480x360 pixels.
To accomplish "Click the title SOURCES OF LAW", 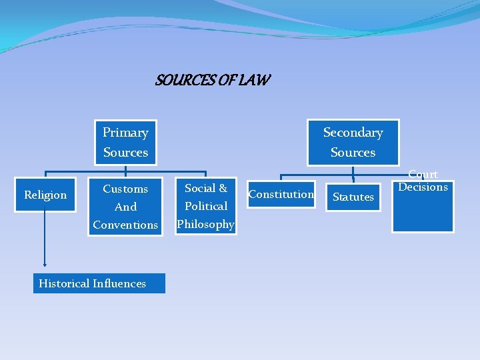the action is pyautogui.click(x=213, y=81).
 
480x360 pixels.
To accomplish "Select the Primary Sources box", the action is pyautogui.click(x=125, y=142).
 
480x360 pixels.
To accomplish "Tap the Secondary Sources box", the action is pyautogui.click(x=353, y=142).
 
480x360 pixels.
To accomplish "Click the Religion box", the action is pyautogui.click(x=45, y=195).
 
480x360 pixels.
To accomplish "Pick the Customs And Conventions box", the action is pyautogui.click(x=125, y=206).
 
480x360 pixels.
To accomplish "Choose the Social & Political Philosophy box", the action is pyautogui.click(x=206, y=205).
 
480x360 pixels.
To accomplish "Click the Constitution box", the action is pyautogui.click(x=281, y=194).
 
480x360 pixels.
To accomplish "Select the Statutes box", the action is pyautogui.click(x=353, y=197).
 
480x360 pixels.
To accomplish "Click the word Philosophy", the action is pyautogui.click(x=206, y=224).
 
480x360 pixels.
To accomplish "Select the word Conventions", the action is pyautogui.click(x=125, y=225).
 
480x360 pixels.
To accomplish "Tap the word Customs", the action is pyautogui.click(x=125, y=189).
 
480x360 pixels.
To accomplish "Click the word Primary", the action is pyautogui.click(x=125, y=132).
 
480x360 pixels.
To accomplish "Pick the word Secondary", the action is pyautogui.click(x=353, y=132).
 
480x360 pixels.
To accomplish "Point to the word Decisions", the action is pyautogui.click(x=423, y=187).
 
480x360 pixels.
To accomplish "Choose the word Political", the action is pyautogui.click(x=206, y=206).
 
